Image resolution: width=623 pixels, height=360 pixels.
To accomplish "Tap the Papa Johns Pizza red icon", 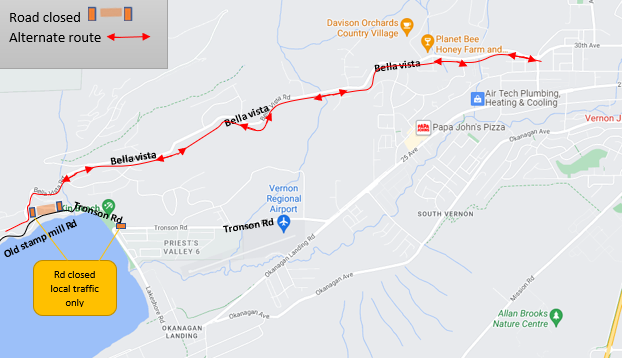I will tap(423, 127).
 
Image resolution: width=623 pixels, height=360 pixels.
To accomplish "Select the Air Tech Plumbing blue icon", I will tap(478, 99).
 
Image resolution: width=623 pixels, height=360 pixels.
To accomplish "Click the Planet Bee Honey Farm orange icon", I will tap(427, 41).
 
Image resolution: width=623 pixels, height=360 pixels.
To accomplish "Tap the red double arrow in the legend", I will tap(130, 38).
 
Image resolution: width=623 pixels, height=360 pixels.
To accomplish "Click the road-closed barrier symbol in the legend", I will tap(110, 13).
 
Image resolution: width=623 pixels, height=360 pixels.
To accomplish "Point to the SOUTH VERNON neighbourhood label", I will tap(444, 213).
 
